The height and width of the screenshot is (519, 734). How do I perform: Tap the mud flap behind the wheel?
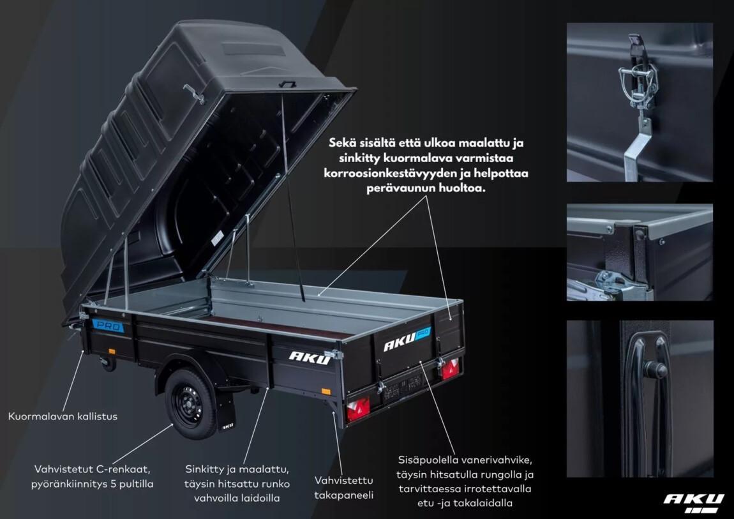pyautogui.click(x=225, y=412)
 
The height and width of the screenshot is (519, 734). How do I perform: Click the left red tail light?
pyautogui.click(x=358, y=409)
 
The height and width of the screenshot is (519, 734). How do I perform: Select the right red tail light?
pyautogui.click(x=451, y=369)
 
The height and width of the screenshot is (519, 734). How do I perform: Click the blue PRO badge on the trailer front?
pyautogui.click(x=109, y=326)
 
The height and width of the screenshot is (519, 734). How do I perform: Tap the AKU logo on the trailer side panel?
pyautogui.click(x=310, y=357)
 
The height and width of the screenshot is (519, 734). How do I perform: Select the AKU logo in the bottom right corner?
pyautogui.click(x=694, y=502)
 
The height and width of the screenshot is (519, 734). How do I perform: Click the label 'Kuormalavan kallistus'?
pyautogui.click(x=63, y=416)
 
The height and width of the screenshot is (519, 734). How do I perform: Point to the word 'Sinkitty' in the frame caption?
pyautogui.click(x=205, y=469)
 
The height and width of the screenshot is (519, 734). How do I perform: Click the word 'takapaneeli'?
pyautogui.click(x=343, y=495)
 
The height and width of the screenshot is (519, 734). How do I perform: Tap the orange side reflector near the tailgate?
pyautogui.click(x=326, y=391)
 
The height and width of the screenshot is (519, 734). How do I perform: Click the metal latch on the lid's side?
pyautogui.click(x=194, y=94)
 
